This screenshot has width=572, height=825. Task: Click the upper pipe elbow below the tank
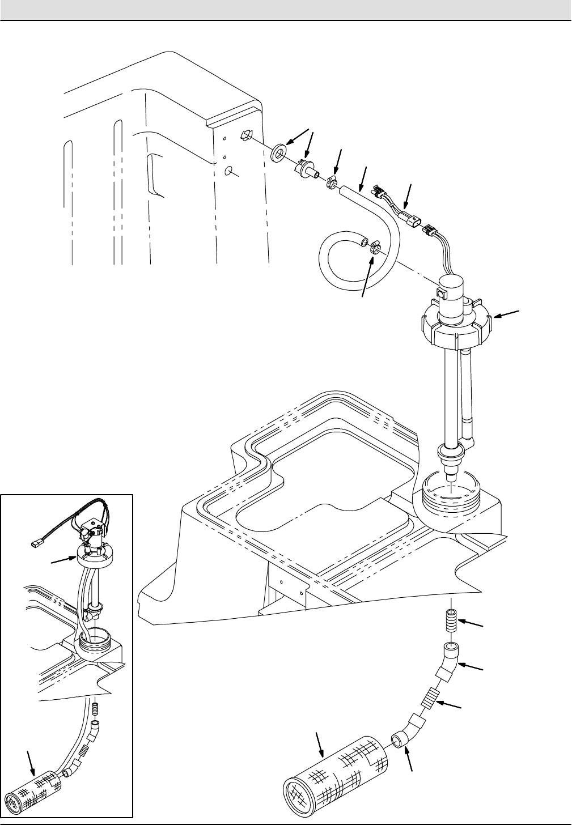pos(450,659)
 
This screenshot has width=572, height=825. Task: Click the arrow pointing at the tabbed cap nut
pos(507,313)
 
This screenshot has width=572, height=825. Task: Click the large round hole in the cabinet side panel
pos(230,171)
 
